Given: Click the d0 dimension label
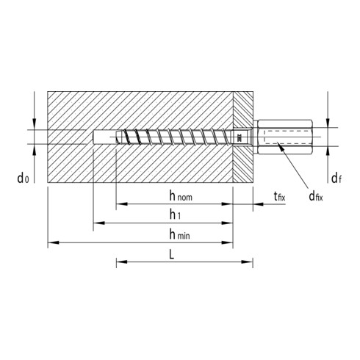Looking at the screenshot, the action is click(23, 178).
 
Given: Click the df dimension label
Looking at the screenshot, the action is click(336, 178).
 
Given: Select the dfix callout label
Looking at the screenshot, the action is click(316, 196).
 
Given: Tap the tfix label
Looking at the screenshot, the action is click(279, 196).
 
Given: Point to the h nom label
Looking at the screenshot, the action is click(181, 196).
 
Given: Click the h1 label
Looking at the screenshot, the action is click(176, 215).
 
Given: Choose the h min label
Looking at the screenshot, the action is click(179, 234).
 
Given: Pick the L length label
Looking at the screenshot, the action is click(172, 255).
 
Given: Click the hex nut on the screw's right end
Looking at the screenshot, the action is click(285, 137).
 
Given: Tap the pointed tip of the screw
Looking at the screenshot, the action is click(117, 137).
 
